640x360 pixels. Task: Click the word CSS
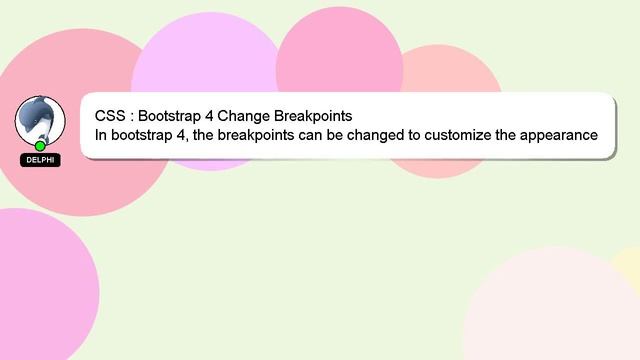(x=110, y=115)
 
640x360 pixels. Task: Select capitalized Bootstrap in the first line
(x=169, y=115)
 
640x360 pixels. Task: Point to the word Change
(x=245, y=115)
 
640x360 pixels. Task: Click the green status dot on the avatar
(x=40, y=146)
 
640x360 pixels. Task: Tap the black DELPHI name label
(x=41, y=160)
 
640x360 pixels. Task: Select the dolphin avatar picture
(x=40, y=120)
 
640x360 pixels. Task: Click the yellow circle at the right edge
(x=630, y=266)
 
